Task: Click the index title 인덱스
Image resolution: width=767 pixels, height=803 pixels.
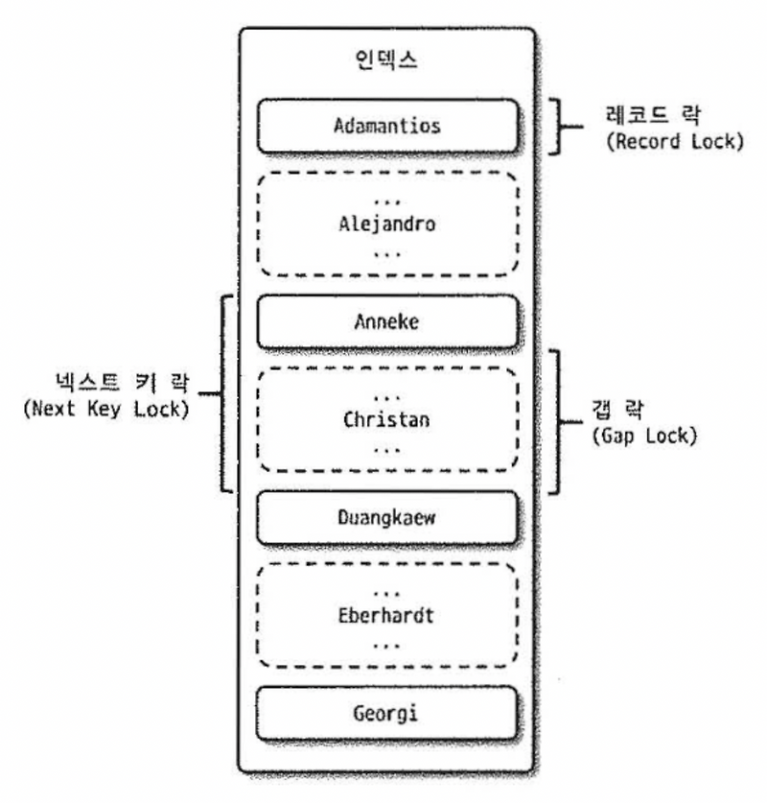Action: click(x=386, y=59)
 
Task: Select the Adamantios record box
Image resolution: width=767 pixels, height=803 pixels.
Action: click(x=388, y=126)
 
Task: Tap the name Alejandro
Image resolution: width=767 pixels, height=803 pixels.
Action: click(x=387, y=224)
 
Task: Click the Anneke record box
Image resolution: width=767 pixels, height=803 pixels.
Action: click(x=388, y=321)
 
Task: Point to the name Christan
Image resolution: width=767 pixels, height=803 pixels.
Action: click(x=386, y=419)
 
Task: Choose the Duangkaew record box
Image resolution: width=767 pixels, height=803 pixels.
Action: click(x=386, y=517)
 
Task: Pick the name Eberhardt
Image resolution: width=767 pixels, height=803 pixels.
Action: click(x=385, y=615)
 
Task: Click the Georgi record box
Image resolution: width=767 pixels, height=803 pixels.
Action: click(x=386, y=714)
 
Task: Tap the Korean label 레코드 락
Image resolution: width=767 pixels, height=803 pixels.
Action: click(x=654, y=114)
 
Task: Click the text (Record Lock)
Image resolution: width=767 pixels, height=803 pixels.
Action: click(x=675, y=141)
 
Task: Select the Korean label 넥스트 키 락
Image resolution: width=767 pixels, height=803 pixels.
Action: click(x=123, y=382)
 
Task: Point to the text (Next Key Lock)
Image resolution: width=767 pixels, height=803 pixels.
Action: click(x=106, y=409)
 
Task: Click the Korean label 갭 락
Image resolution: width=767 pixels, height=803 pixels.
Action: click(x=618, y=410)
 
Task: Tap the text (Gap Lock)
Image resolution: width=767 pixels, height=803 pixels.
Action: click(x=644, y=436)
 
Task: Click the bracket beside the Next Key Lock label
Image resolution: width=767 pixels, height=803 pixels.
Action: click(x=222, y=393)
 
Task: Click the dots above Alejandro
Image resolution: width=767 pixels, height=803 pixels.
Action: click(x=387, y=201)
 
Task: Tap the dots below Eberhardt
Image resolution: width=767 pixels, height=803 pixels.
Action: click(x=386, y=646)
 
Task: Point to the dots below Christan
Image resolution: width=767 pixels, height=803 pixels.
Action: click(x=386, y=450)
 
